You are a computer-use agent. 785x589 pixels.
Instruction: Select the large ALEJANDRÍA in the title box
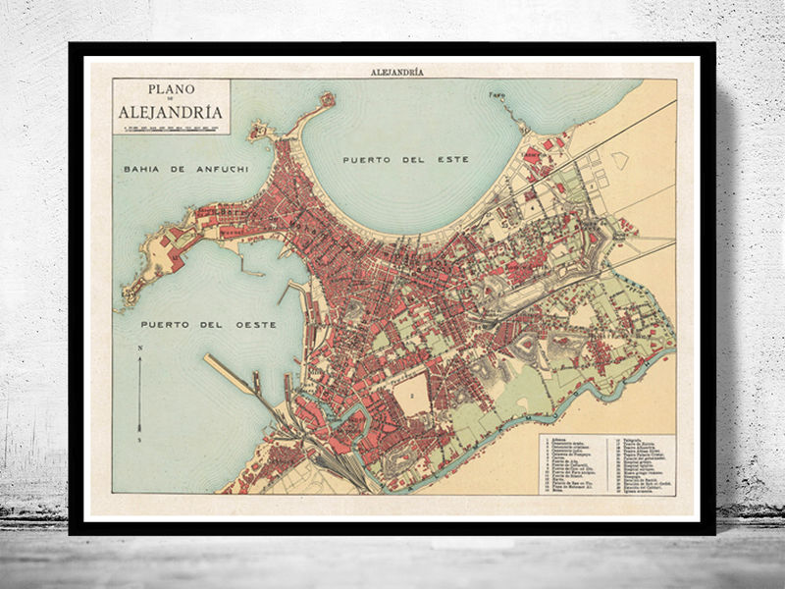[x=171, y=111]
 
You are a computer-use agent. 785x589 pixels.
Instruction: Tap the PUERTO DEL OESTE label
[x=207, y=323]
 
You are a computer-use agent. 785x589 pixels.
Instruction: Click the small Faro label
[x=497, y=96]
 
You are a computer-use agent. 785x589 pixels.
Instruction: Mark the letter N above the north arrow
[x=140, y=348]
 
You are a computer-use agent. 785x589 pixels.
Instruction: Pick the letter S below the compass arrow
[x=140, y=438]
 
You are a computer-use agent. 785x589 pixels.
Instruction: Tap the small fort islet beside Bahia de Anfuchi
[x=259, y=130]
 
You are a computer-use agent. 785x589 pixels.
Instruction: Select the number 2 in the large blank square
[x=412, y=395]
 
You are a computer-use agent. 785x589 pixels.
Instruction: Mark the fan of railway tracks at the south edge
[x=334, y=466]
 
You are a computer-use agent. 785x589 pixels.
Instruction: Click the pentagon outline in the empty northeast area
[x=619, y=158]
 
